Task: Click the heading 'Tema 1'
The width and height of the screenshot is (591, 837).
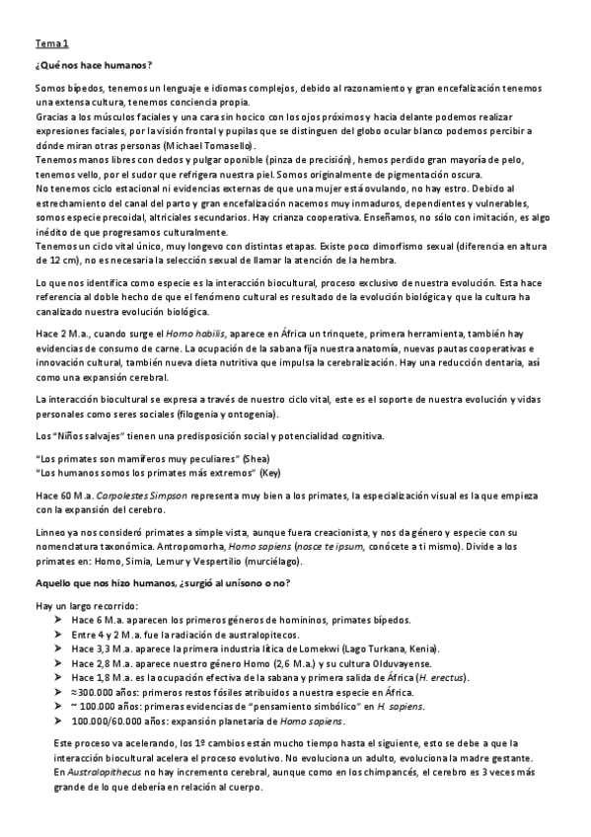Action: [x=52, y=44]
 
